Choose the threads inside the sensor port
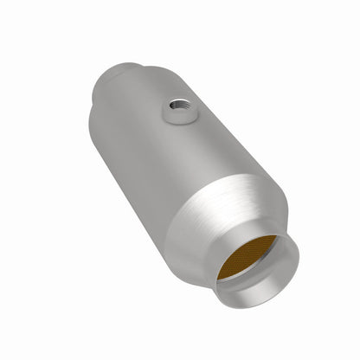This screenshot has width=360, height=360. click(x=177, y=105)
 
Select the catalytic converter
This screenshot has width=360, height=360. click(x=173, y=173)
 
